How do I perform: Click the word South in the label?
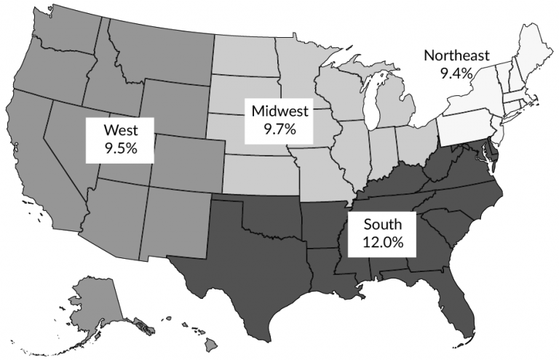click(379, 224)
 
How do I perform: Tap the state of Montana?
click(160, 51)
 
